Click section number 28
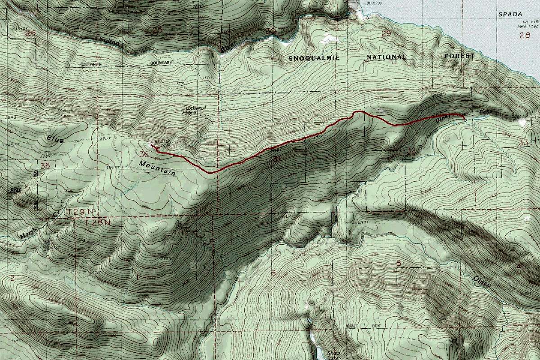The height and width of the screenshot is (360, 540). pos(525,36)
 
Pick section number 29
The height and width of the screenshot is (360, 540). pos(386,34)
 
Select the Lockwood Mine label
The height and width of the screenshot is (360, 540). pos(194,110)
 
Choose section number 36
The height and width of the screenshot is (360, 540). pos(144,154)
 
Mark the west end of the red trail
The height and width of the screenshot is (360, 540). pos(152,146)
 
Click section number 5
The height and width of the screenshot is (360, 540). pos(398,263)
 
